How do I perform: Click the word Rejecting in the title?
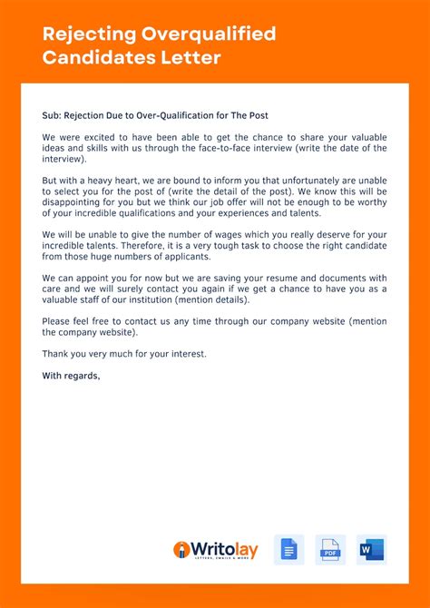[x=88, y=35]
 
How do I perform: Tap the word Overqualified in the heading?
[x=208, y=35]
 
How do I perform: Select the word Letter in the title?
[x=194, y=58]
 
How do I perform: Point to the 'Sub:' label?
[x=51, y=115]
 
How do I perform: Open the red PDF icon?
[x=330, y=550]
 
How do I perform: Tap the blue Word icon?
[x=371, y=550]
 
